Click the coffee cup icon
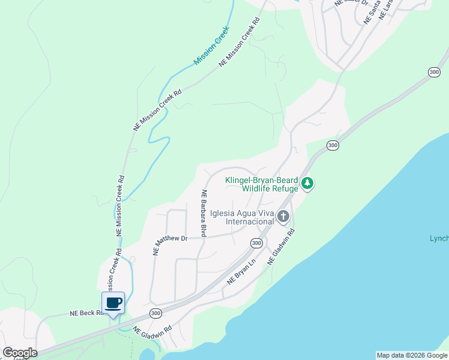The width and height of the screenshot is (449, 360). click(x=113, y=303)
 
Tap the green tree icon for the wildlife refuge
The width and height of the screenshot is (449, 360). click(x=307, y=183)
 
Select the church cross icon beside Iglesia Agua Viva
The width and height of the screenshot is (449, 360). click(x=283, y=217)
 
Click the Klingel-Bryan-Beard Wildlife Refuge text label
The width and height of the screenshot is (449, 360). click(x=261, y=184)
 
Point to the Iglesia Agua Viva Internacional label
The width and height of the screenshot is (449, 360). click(x=241, y=217)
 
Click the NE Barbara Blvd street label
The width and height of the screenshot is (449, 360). click(x=204, y=213)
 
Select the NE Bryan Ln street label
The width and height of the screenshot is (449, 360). click(x=242, y=271)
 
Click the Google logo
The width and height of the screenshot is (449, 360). click(x=20, y=353)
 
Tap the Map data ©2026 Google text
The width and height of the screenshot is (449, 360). click(x=412, y=355)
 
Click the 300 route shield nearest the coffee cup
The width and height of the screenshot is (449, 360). click(x=156, y=313)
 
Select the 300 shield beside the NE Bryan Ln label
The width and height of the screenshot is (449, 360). click(x=256, y=243)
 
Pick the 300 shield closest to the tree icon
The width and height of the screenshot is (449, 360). click(x=332, y=146)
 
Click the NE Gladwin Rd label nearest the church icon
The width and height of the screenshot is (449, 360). click(x=282, y=247)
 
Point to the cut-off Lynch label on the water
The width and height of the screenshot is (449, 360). click(x=439, y=239)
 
